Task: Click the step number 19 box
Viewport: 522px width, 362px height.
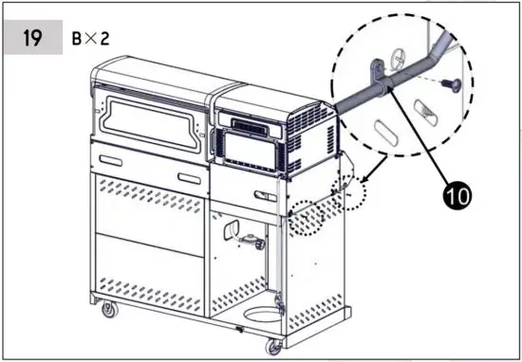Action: coord(32,41)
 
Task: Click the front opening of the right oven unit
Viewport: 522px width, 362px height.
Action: coord(246,147)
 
